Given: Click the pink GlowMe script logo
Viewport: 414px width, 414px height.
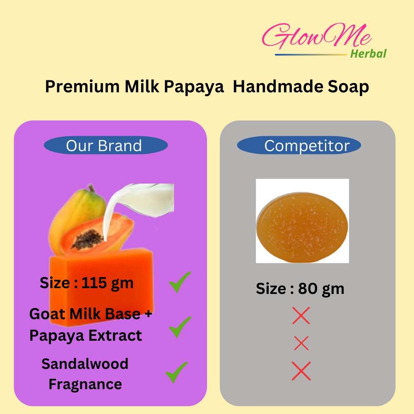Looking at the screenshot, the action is [316, 36].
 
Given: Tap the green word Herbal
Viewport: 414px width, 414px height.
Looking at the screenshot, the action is [368, 53].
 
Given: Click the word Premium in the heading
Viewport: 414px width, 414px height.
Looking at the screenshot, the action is [82, 87].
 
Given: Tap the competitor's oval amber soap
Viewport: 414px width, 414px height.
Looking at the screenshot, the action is [302, 227].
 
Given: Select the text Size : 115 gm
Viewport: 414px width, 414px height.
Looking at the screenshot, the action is [87, 283].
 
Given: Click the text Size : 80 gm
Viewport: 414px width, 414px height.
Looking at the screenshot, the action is [300, 289].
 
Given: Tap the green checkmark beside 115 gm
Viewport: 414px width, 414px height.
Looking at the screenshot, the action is [180, 282].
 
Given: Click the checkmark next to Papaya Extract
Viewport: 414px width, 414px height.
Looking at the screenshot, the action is [180, 327].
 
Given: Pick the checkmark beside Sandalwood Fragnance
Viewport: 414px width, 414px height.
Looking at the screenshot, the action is [176, 372].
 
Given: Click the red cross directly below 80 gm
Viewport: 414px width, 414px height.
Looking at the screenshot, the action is [301, 315].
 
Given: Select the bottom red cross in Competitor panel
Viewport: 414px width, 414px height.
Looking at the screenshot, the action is [301, 371].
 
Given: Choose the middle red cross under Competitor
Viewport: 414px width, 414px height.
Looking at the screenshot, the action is [301, 343].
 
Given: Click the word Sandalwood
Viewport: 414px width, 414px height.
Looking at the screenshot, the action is [85, 364].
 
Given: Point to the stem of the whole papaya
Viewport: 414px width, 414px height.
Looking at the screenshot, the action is [91, 188].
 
